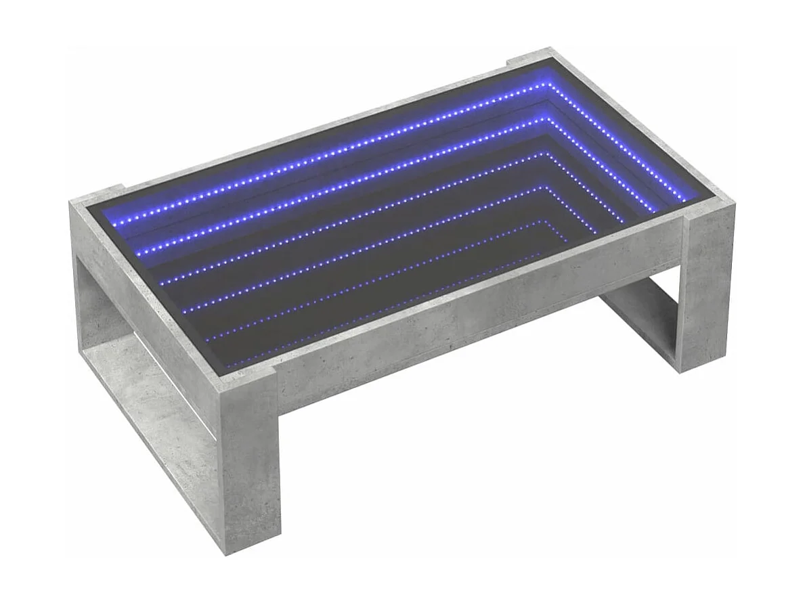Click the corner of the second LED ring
[543, 119]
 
